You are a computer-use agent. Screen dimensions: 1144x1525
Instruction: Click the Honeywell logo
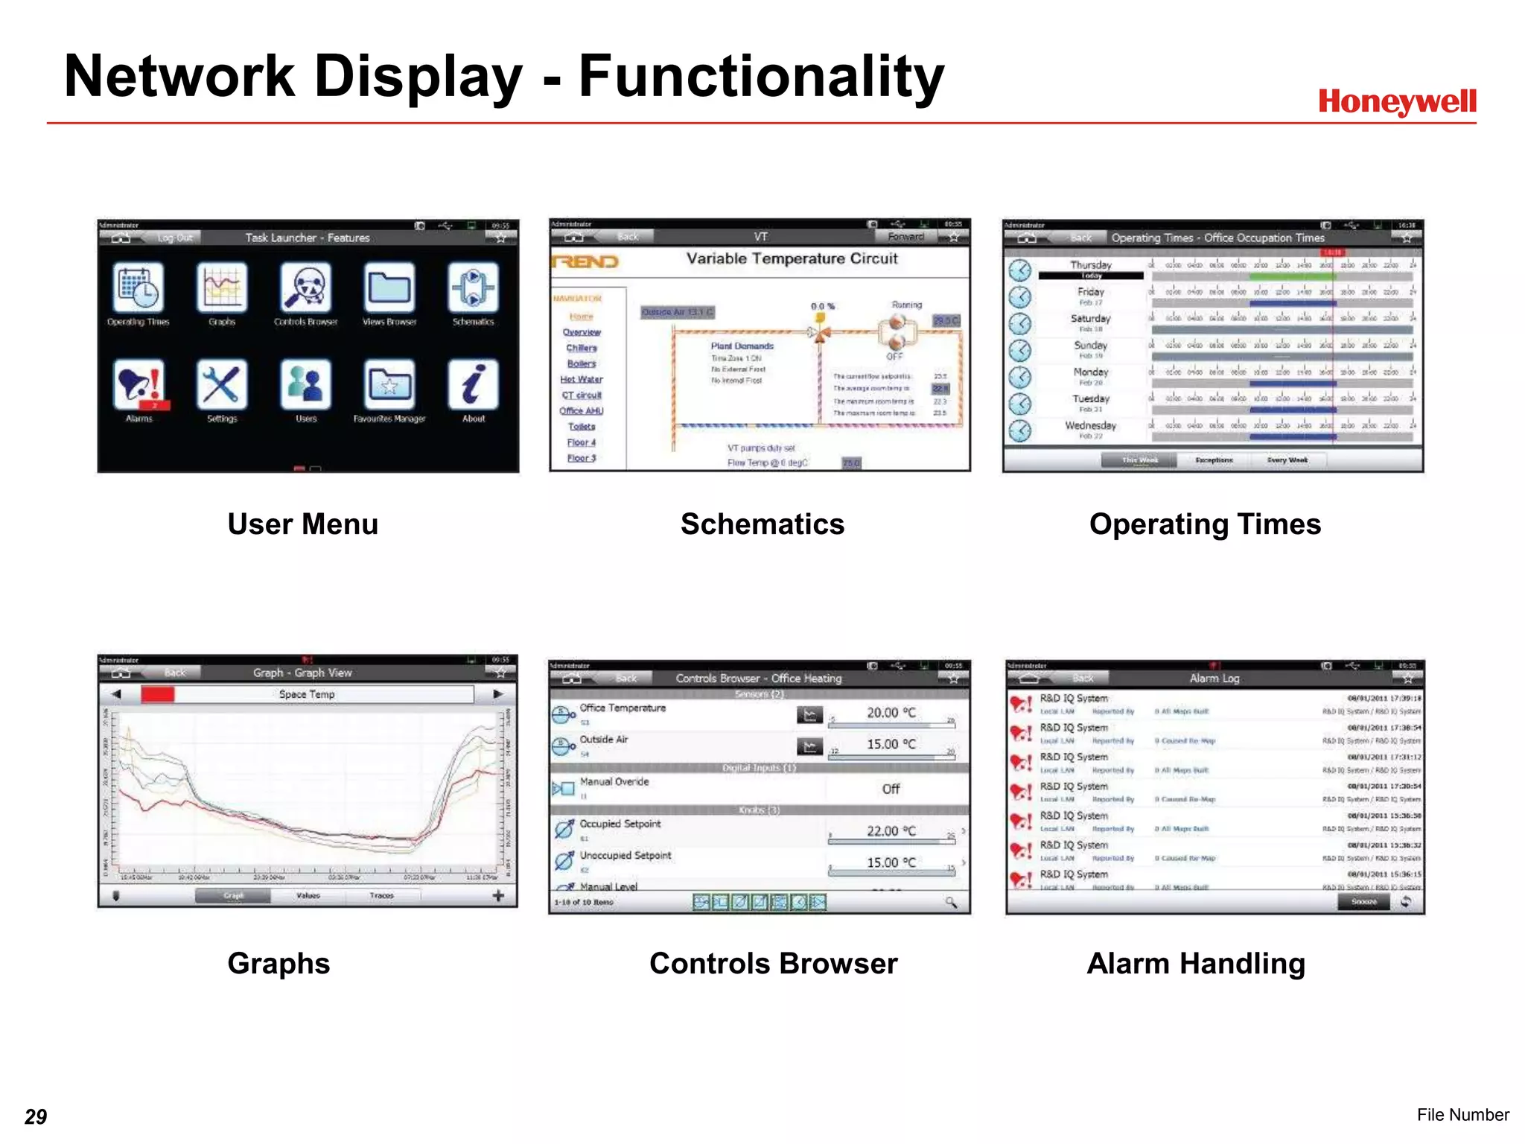(x=1397, y=102)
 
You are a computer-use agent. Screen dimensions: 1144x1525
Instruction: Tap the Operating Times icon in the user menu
(x=138, y=288)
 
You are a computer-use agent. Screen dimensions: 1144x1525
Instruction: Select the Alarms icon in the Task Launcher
(x=140, y=385)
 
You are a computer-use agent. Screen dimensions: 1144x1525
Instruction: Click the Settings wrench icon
(x=222, y=385)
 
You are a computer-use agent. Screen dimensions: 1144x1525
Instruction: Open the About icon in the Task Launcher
(x=473, y=385)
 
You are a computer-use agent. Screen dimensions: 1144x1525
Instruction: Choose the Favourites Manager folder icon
(x=389, y=385)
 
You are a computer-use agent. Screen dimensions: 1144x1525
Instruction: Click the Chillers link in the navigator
(x=582, y=348)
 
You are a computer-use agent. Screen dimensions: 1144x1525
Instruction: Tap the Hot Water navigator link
(x=582, y=379)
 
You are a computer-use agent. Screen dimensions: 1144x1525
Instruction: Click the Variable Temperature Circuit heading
(x=792, y=258)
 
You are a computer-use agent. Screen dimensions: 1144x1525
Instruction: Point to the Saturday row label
(x=1091, y=319)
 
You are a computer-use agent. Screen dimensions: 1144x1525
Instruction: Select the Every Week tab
(x=1287, y=460)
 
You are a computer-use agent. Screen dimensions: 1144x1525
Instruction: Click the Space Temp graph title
(x=307, y=694)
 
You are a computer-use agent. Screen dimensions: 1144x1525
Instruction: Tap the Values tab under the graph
(x=308, y=895)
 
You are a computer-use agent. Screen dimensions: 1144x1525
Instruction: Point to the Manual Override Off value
(x=891, y=789)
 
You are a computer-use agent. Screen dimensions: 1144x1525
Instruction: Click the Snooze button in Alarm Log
(x=1363, y=901)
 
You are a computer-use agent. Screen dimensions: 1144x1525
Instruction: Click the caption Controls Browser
(x=773, y=964)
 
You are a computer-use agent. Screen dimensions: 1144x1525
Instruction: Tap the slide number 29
(x=36, y=1116)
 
